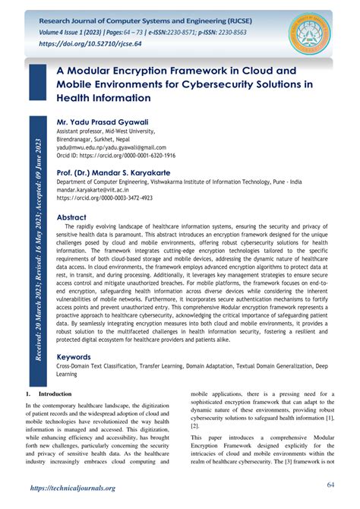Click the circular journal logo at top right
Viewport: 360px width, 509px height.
[x=313, y=30]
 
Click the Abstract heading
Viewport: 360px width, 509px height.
[x=77, y=217]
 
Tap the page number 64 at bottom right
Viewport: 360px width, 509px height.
[x=331, y=485]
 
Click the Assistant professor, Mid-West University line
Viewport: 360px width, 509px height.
[x=111, y=131]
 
